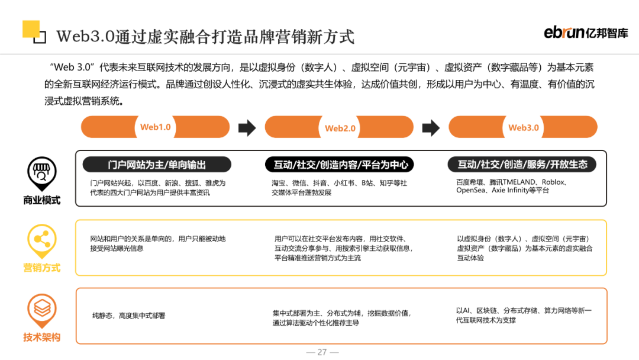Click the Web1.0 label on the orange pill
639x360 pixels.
tap(155, 127)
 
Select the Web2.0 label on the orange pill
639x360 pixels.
tap(340, 128)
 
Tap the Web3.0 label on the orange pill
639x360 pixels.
tap(524, 127)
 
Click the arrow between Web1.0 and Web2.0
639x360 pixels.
tap(247, 127)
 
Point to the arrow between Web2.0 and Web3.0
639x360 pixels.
tap(431, 127)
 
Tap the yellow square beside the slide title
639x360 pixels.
tap(31, 30)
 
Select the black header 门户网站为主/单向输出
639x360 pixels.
tap(157, 165)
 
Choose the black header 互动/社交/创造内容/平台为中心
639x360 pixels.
tap(340, 165)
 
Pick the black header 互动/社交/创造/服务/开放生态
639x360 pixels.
tap(523, 165)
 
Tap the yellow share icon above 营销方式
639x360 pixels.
tap(41, 240)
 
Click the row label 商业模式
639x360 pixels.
tap(41, 200)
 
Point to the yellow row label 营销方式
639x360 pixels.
tap(41, 268)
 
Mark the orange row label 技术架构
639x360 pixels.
tap(41, 337)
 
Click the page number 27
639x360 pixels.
tap(322, 352)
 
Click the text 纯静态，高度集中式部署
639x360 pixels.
tap(128, 316)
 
